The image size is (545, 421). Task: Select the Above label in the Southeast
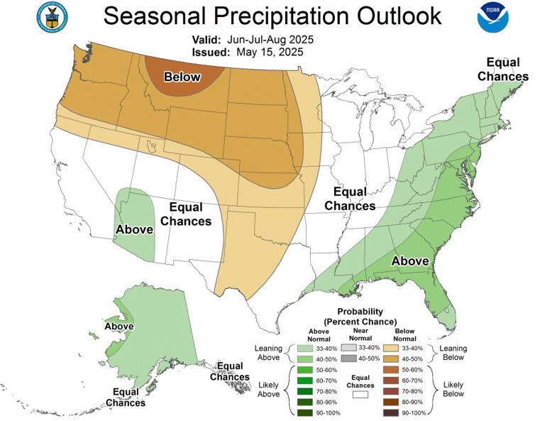[410, 261]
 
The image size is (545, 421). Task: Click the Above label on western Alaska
[119, 327]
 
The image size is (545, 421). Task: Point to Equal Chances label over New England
[502, 70]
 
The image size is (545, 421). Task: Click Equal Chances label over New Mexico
[186, 214]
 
